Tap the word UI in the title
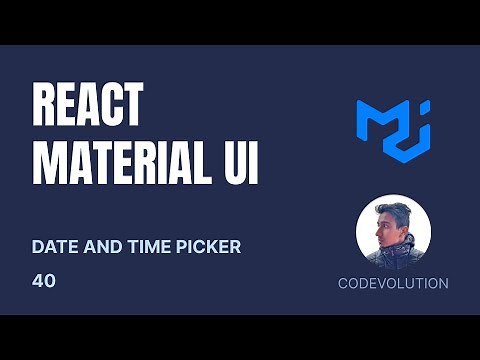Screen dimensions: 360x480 pos(240,163)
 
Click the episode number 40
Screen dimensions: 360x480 pos(43,281)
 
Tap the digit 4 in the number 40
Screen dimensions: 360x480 pos(37,281)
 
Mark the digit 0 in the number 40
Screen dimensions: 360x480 pos(50,281)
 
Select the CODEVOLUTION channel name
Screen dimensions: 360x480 pos(393,283)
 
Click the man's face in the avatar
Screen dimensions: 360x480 pos(386,227)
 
